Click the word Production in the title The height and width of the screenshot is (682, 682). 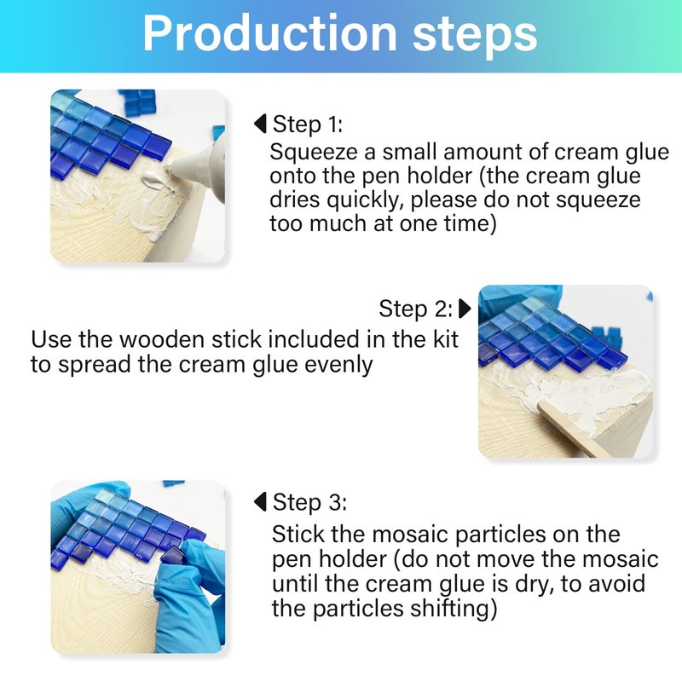[269, 34]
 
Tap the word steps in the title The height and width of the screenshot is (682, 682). [475, 38]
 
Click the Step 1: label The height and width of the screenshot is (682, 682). [308, 124]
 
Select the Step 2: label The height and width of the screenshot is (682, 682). [416, 309]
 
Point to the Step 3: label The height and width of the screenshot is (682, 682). [309, 502]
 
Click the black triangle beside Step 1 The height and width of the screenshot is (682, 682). [260, 124]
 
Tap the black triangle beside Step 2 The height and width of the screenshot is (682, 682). [465, 309]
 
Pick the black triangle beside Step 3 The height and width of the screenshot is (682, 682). [260, 502]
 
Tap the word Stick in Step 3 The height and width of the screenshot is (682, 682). [298, 535]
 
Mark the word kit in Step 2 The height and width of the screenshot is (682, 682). [446, 339]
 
